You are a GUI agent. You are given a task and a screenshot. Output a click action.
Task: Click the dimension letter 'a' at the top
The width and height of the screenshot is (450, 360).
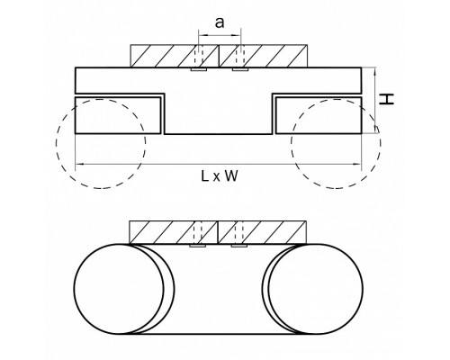220,22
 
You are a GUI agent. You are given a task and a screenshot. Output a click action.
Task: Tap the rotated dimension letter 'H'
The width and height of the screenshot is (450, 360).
386,99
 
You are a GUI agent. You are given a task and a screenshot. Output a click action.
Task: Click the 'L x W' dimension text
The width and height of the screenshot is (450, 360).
220,176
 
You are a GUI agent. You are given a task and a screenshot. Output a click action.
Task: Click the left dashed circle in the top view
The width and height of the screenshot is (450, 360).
56,143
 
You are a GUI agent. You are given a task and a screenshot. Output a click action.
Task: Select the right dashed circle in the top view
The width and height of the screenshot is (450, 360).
382,143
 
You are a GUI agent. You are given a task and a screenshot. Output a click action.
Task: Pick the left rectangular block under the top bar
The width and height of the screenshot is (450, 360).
118,115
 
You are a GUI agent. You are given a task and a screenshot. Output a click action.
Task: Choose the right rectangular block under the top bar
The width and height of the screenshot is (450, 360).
319,115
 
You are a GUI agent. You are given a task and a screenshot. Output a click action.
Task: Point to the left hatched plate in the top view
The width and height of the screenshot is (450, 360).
175,56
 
